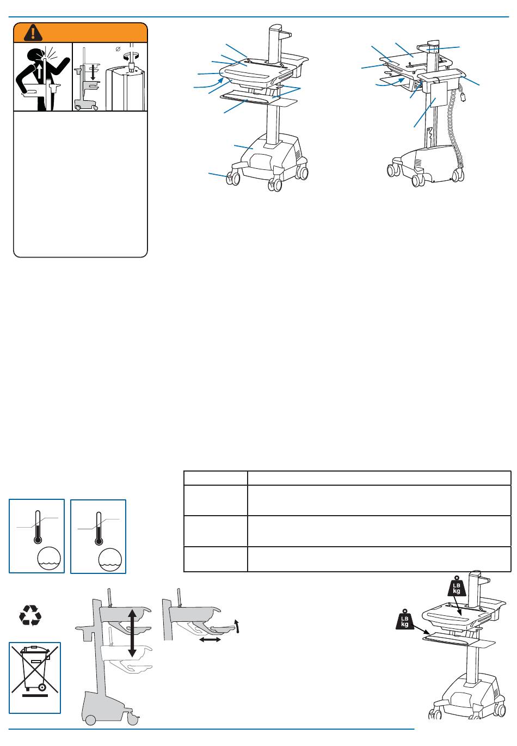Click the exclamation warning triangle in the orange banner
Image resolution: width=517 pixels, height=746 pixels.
pos(33,33)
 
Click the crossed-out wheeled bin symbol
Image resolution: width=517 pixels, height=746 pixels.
pos(35,670)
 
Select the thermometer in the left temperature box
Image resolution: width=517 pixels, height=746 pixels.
pos(38,527)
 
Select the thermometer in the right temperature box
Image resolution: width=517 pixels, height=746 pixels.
pos(99,528)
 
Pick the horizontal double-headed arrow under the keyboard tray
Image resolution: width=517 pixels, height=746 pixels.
pos(210,639)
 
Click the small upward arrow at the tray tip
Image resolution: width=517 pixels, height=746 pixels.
pos(236,626)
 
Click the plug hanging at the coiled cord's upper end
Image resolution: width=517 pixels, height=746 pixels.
pos(462,97)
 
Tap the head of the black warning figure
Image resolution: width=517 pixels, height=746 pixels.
pos(36,56)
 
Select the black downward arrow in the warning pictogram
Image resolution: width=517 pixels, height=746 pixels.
pos(94,72)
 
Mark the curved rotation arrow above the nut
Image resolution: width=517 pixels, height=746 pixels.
pos(132,56)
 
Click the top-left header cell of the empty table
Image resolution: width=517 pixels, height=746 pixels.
pos(216,478)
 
